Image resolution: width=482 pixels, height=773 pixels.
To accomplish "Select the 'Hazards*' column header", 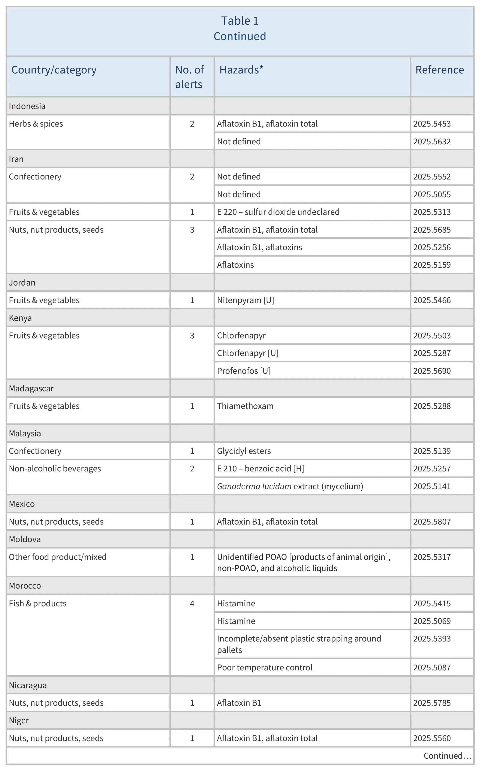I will click(241, 70).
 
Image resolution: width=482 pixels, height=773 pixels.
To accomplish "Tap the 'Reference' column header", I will click(439, 70).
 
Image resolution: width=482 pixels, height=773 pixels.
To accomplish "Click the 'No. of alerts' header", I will click(189, 77).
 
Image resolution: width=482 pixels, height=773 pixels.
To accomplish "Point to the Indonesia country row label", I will click(27, 106).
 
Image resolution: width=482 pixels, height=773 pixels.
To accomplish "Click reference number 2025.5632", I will click(432, 142).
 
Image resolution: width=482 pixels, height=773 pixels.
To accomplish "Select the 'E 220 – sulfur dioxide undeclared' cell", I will click(278, 212).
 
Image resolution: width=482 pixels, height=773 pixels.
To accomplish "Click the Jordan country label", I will click(22, 283).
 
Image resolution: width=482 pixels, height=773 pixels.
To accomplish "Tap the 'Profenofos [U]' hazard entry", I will click(244, 371).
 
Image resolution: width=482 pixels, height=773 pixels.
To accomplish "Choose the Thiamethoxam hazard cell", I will click(245, 406).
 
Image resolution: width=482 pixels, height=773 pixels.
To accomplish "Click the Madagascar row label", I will click(31, 388).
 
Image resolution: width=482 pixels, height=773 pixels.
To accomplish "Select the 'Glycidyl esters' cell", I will click(244, 451).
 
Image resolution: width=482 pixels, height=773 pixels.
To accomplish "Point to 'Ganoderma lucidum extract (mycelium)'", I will click(290, 486).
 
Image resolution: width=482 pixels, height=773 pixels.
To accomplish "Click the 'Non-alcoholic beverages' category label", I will click(55, 468).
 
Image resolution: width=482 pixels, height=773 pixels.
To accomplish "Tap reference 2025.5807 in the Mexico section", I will click(432, 522).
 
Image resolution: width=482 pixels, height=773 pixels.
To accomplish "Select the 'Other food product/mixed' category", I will click(58, 557).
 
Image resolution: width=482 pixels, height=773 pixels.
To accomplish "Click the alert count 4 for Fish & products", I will click(192, 604).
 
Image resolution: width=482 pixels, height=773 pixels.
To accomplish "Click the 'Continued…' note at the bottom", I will click(447, 756).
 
